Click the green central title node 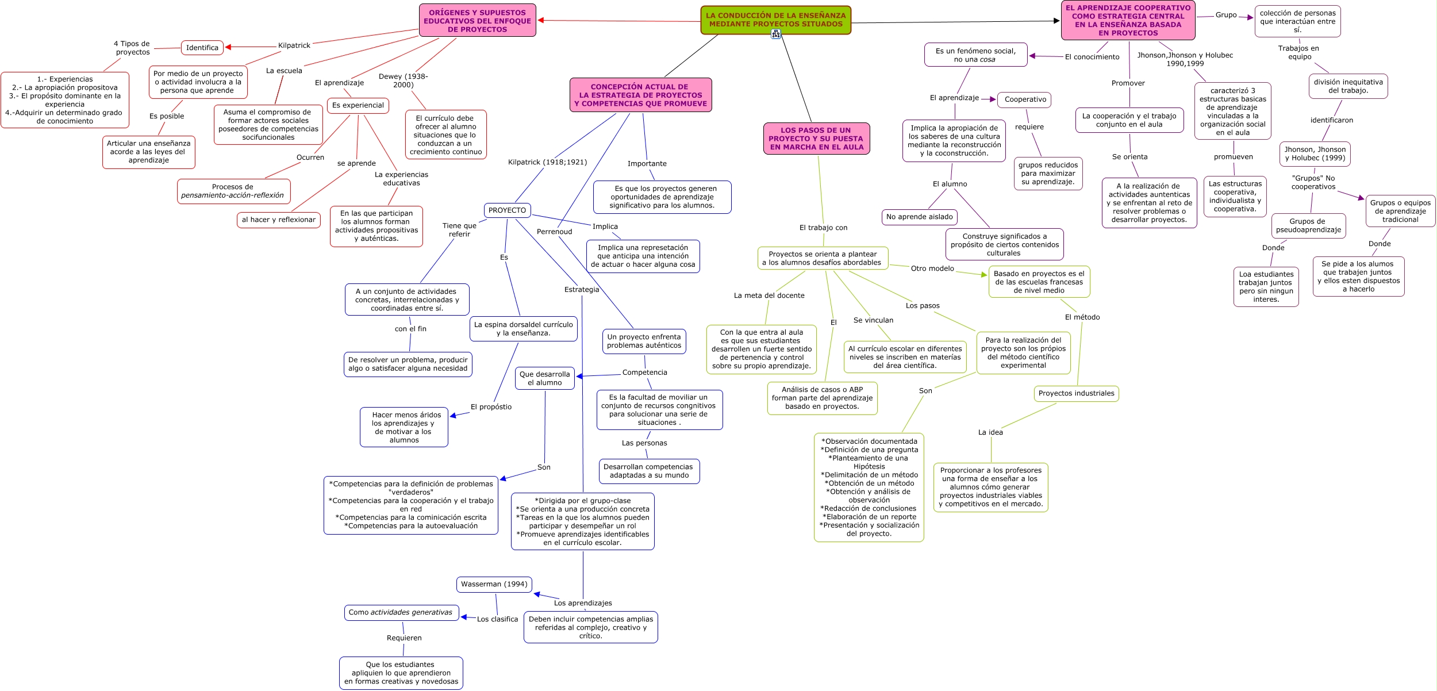[x=775, y=20]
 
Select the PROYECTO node [x=507, y=210]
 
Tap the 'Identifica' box [x=202, y=48]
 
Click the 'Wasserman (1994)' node [x=494, y=584]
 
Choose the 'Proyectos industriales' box [x=1076, y=394]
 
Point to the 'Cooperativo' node [x=1025, y=99]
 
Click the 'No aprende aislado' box [x=919, y=217]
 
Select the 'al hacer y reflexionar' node [x=279, y=220]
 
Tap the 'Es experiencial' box [x=358, y=106]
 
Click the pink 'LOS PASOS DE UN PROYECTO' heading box [x=816, y=139]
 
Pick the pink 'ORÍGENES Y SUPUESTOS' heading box [x=477, y=21]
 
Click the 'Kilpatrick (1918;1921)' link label [x=547, y=162]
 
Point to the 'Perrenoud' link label [x=554, y=232]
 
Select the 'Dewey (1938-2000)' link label [x=403, y=80]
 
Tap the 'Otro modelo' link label [x=932, y=268]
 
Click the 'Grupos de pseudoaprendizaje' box [x=1308, y=225]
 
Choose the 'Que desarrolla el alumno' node [x=544, y=378]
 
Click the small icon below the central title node [x=776, y=34]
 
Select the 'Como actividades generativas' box [x=401, y=613]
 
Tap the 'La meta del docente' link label [x=769, y=295]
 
